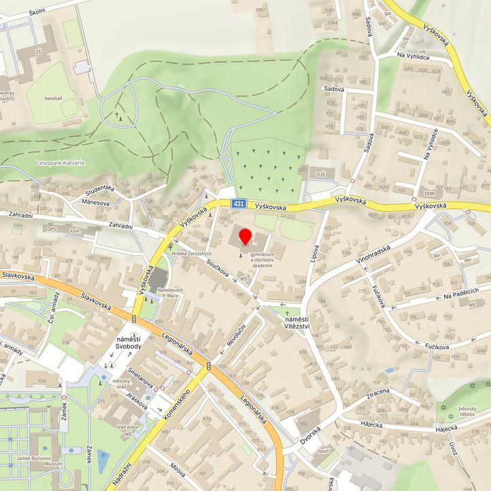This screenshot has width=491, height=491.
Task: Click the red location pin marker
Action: click(x=245, y=237)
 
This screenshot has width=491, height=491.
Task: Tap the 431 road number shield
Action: click(x=237, y=204)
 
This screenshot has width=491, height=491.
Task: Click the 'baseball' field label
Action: click(x=52, y=98)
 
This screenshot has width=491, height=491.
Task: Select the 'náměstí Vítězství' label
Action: click(x=297, y=322)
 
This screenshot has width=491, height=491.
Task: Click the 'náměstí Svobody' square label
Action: click(x=129, y=343)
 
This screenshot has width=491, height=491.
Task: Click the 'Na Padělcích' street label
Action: click(x=461, y=291)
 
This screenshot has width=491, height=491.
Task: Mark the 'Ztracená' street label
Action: click(x=377, y=392)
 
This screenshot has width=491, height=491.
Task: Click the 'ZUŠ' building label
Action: click(x=321, y=175)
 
